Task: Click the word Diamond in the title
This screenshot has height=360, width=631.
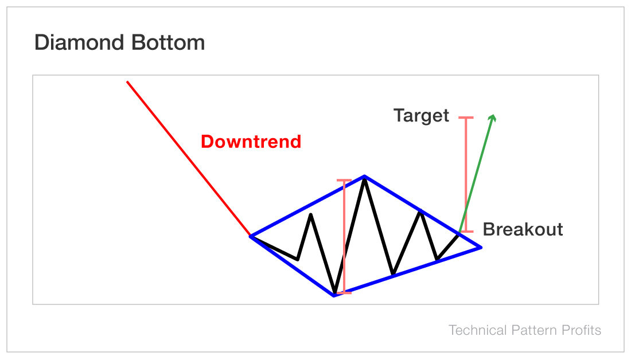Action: tap(77, 43)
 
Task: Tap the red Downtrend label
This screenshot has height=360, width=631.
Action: tap(251, 142)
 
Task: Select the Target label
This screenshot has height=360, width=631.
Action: tap(421, 116)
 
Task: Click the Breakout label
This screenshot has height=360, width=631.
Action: tap(523, 230)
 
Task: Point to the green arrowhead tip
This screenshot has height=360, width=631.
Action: tap(493, 115)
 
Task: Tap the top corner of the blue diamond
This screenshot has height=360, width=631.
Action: tap(364, 176)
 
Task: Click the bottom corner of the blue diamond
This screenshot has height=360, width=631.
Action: tap(334, 295)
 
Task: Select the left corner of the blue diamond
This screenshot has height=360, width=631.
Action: tap(251, 236)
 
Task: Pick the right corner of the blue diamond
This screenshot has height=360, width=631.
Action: tap(481, 247)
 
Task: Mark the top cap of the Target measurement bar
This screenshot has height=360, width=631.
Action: tap(466, 118)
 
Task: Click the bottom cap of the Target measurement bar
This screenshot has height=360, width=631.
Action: tap(466, 231)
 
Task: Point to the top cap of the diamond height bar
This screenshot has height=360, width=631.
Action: tap(344, 181)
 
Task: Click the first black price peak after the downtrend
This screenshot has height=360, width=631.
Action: tap(310, 214)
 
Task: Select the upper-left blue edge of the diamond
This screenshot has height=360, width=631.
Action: tap(307, 206)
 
